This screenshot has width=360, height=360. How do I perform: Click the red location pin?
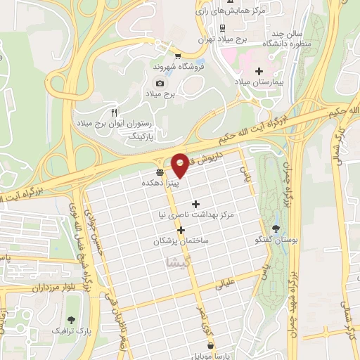click(180, 165)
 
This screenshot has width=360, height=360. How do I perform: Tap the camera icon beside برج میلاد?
click(160, 84)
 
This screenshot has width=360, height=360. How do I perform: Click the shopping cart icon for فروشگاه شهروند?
click(178, 56)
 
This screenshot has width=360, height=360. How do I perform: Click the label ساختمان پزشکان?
click(180, 241)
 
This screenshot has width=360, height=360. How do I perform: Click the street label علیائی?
click(232, 284)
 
